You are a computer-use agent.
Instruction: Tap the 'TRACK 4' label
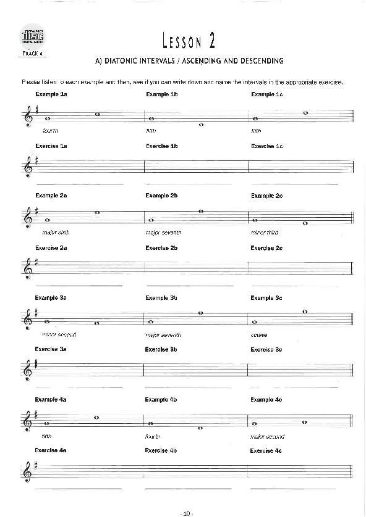pyautogui.click(x=32, y=54)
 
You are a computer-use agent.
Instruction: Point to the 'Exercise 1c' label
pyautogui.click(x=266, y=146)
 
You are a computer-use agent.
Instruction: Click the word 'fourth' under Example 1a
pyautogui.click(x=50, y=131)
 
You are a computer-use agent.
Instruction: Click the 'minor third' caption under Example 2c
pyautogui.click(x=265, y=233)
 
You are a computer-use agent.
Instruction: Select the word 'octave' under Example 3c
pyautogui.click(x=259, y=334)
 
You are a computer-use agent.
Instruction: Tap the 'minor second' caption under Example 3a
pyautogui.click(x=59, y=334)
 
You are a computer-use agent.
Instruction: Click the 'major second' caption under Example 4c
pyautogui.click(x=268, y=436)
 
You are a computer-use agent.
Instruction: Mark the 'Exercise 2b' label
pyautogui.click(x=161, y=247)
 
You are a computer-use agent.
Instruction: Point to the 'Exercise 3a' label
pyautogui.click(x=51, y=349)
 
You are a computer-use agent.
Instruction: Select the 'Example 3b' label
pyautogui.click(x=161, y=298)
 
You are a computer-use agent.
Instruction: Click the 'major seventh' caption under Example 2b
pyautogui.click(x=163, y=233)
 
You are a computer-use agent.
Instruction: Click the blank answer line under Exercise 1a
pyautogui.click(x=80, y=184)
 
